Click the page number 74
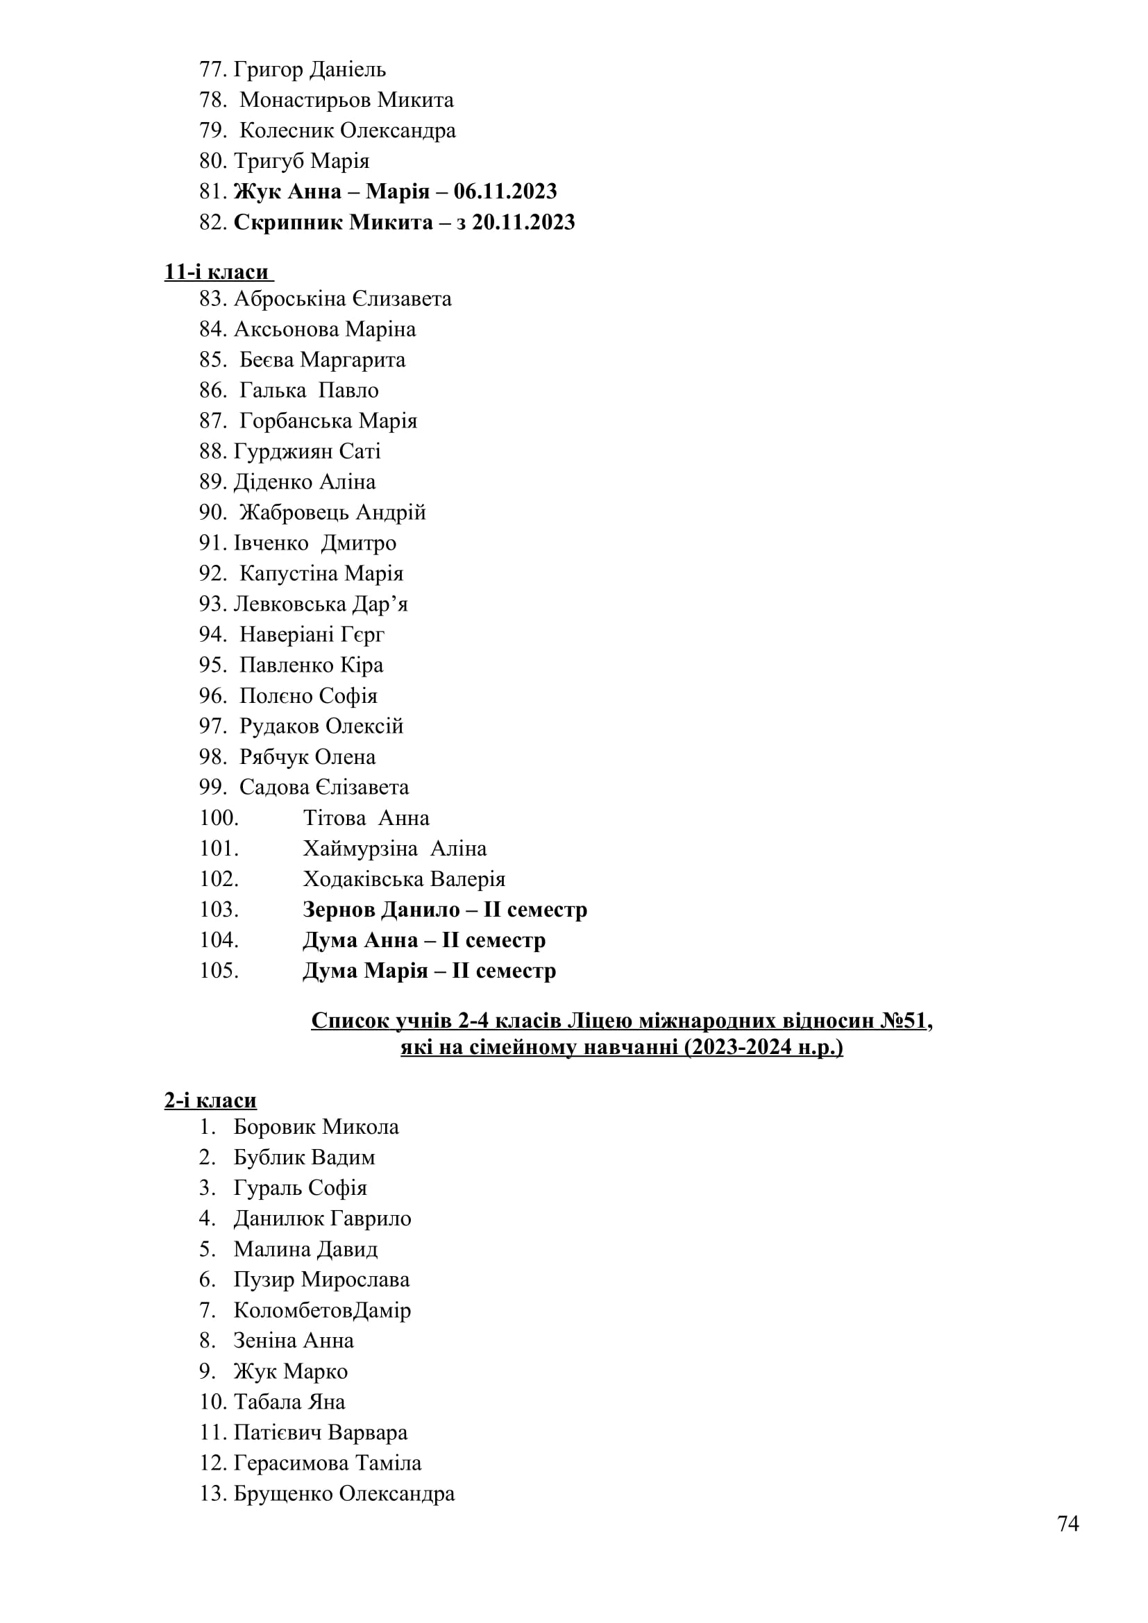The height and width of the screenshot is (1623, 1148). pyautogui.click(x=1067, y=1523)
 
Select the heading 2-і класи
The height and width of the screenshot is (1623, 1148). pyautogui.click(x=210, y=1101)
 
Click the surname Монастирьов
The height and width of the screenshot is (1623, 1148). pyautogui.click(x=305, y=101)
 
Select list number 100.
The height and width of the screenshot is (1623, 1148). pyautogui.click(x=219, y=818)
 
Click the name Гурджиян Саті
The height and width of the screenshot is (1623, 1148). pyautogui.click(x=307, y=451)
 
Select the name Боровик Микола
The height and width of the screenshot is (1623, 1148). pyautogui.click(x=316, y=1127)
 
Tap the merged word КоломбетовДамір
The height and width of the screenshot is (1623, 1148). pyautogui.click(x=322, y=1310)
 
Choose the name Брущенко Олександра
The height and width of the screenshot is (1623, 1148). pyautogui.click(x=344, y=1494)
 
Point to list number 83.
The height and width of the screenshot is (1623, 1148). pyautogui.click(x=212, y=299)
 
